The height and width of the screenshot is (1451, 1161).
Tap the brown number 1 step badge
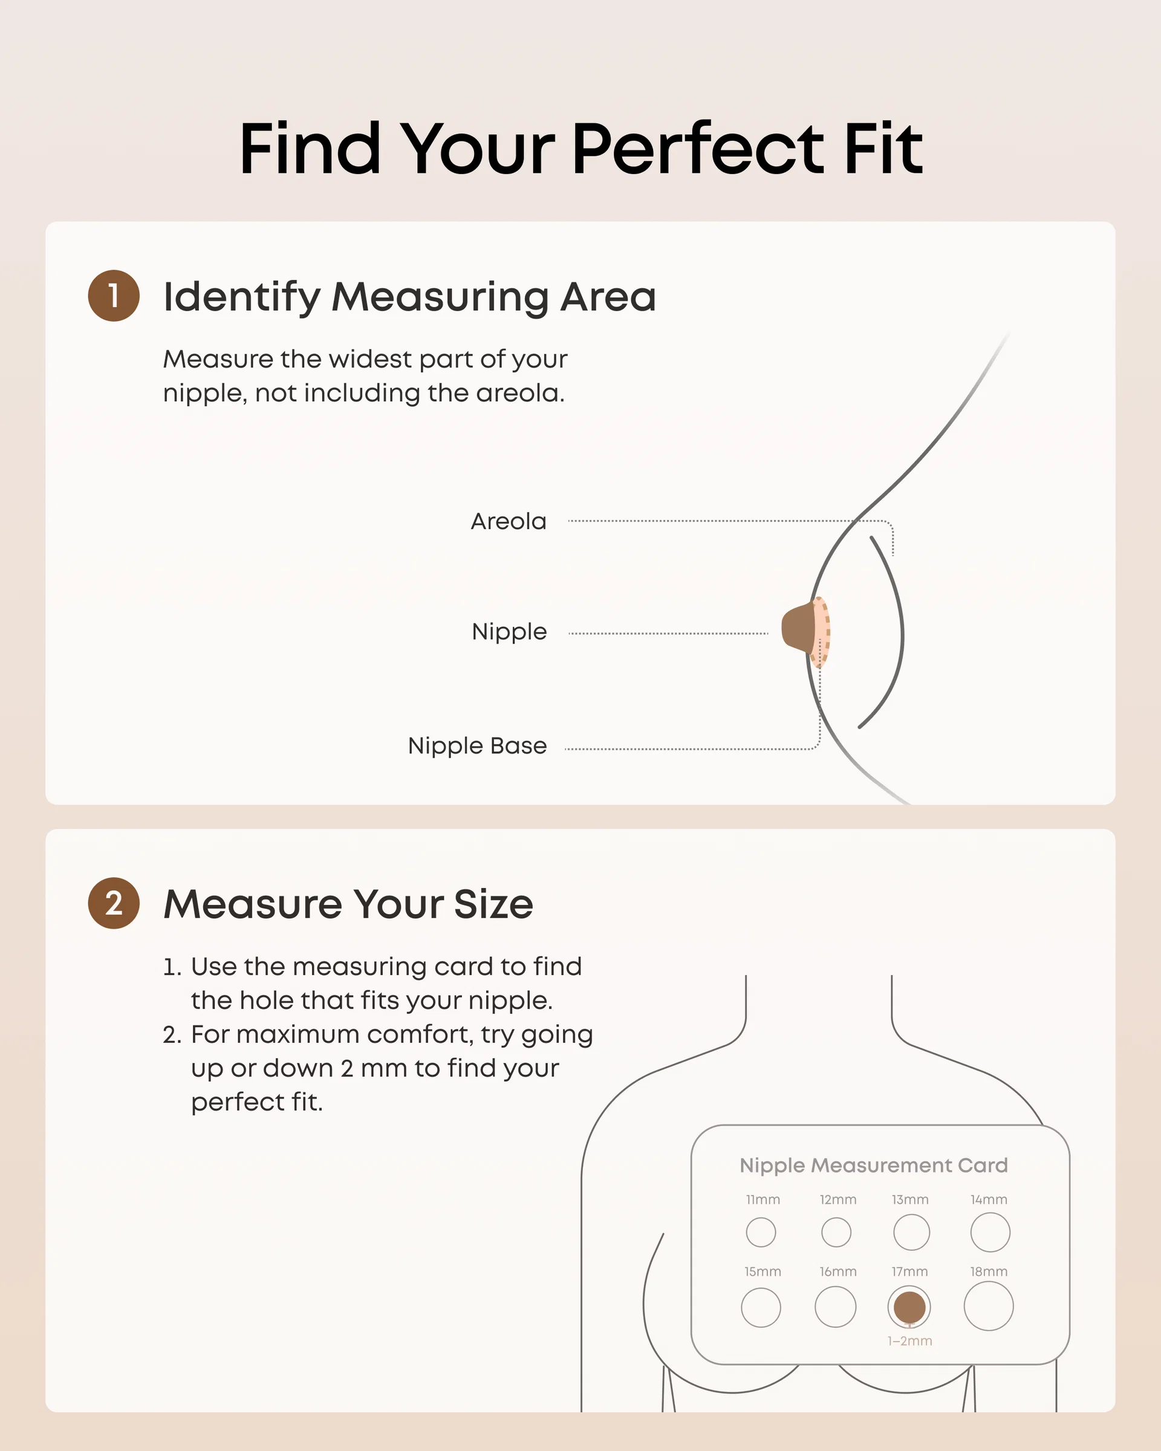114,296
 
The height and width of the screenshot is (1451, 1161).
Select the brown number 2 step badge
114,903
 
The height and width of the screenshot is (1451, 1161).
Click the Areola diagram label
508,522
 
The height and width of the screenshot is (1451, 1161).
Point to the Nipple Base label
477,745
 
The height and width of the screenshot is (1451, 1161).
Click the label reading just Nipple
510,632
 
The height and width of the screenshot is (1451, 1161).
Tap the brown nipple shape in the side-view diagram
799,627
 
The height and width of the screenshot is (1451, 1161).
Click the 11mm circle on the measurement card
761,1232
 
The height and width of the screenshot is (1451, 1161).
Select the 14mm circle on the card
990,1232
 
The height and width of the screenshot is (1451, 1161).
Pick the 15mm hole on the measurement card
761,1308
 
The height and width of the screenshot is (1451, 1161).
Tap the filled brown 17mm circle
909,1307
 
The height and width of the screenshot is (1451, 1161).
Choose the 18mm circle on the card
989,1307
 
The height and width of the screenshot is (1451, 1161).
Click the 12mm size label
838,1199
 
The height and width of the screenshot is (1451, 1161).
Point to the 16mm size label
838,1271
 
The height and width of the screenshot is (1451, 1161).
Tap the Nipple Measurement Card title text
874,1166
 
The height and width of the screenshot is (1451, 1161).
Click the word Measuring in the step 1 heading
440,297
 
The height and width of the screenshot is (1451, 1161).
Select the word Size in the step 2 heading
493,904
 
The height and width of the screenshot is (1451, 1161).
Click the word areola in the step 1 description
520,393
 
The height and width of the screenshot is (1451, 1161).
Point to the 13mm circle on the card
911,1232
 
